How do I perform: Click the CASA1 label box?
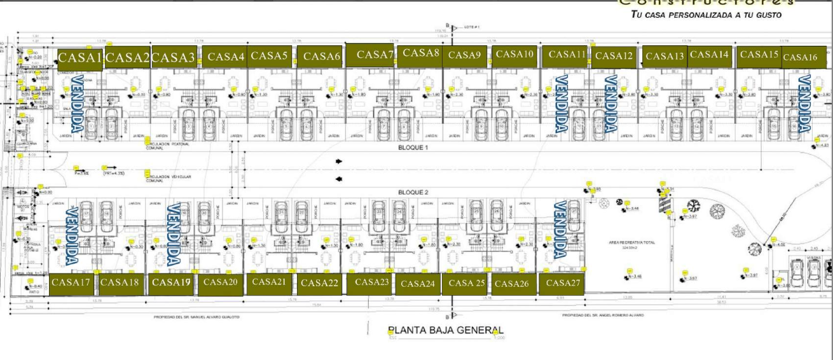80,58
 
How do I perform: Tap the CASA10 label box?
514,55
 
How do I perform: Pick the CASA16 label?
799,57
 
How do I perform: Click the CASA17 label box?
71,282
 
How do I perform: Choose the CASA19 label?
172,282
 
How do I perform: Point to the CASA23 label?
371,282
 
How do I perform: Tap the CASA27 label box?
563,282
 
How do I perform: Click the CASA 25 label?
467,283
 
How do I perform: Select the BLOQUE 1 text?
413,148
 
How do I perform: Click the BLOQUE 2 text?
413,192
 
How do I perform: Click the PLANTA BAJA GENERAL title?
445,330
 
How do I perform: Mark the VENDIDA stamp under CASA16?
804,102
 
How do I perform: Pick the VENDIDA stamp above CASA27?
560,230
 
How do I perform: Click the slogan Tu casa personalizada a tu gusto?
706,14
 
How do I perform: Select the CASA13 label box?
664,57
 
